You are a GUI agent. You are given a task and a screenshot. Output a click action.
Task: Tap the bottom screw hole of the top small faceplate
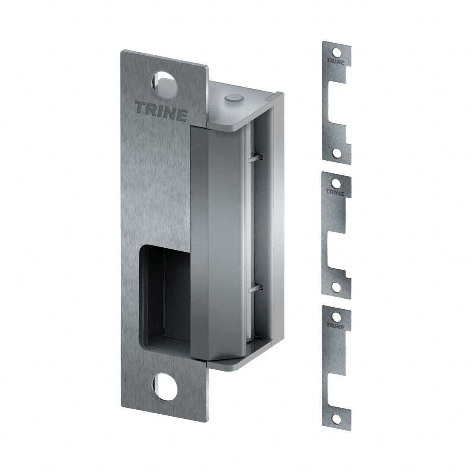tap(336, 152)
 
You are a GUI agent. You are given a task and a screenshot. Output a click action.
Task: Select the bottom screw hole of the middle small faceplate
tap(336, 286)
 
